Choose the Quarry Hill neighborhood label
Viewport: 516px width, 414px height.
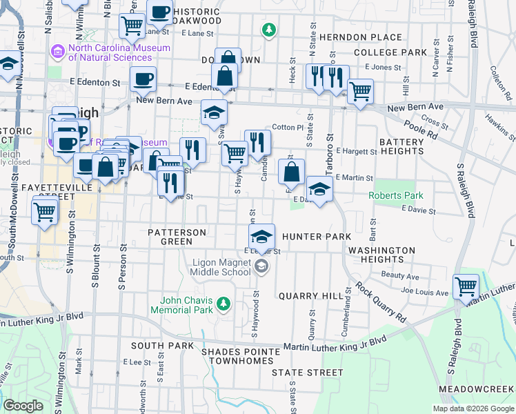pyautogui.click(x=310, y=296)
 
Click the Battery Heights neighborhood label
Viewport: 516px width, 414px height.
pyautogui.click(x=401, y=147)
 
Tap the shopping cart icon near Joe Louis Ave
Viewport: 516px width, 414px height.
pyautogui.click(x=466, y=286)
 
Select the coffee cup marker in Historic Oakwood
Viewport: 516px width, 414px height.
pyautogui.click(x=160, y=12)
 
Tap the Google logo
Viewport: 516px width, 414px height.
pyautogui.click(x=23, y=406)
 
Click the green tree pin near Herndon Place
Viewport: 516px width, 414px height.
pyautogui.click(x=268, y=30)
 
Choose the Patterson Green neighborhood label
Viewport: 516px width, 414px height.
pyautogui.click(x=177, y=237)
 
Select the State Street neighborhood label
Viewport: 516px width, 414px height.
pyautogui.click(x=307, y=373)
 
